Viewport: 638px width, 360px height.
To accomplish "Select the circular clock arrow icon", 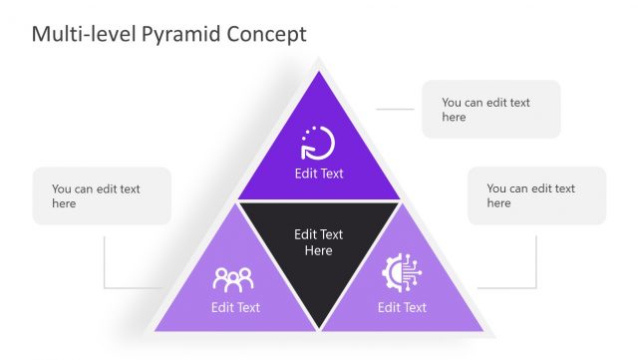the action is pos(318,144).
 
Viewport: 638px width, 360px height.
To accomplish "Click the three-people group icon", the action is pos(234,278).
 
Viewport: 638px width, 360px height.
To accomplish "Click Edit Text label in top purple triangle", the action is pos(319,174).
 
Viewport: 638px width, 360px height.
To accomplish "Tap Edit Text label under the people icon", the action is pos(235,307).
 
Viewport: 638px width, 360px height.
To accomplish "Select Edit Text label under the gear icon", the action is pos(402,307).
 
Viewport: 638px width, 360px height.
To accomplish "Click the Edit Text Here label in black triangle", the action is pos(319,242).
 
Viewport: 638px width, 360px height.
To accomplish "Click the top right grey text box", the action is pos(490,110).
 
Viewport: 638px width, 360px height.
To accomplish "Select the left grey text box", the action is pos(102,195).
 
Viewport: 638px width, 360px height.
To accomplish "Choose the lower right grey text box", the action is pos(536,195).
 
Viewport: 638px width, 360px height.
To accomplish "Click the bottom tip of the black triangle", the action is pos(319,327).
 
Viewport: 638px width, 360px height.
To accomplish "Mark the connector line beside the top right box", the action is pos(394,110).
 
